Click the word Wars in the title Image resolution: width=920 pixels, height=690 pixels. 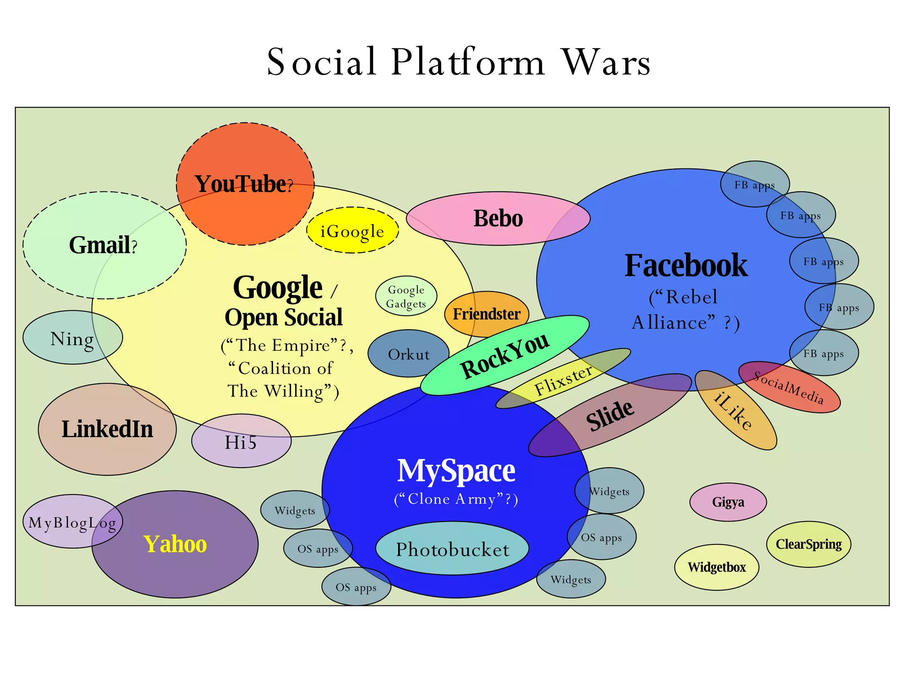[x=606, y=62]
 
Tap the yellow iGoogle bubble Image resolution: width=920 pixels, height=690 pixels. [x=352, y=231]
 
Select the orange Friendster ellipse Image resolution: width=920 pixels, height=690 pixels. [x=487, y=314]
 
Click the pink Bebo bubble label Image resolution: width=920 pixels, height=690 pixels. [x=498, y=218]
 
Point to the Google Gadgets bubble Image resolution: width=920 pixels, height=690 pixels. [x=406, y=296]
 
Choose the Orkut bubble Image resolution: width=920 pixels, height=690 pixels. [x=408, y=354]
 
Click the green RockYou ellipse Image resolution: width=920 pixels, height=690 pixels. [x=504, y=355]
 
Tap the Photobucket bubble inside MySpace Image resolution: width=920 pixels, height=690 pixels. [x=452, y=549]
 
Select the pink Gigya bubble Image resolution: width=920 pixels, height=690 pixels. [x=728, y=502]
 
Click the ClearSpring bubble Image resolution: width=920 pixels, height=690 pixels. [x=809, y=544]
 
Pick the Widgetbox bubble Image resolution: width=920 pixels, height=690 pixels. [x=717, y=567]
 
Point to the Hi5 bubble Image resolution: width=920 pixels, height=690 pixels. [x=241, y=442]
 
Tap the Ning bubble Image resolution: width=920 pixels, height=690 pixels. [x=72, y=338]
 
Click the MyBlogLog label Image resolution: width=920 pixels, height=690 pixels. [x=72, y=522]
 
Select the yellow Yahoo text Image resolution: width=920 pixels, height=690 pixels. [x=175, y=544]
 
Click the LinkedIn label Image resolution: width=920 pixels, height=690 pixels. [x=107, y=429]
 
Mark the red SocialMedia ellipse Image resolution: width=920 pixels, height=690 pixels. [x=789, y=387]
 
